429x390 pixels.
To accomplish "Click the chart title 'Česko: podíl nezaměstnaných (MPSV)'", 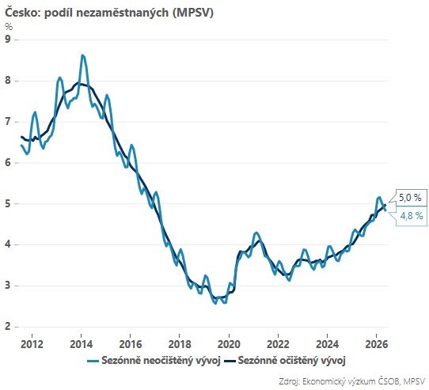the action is pyautogui.click(x=109, y=13).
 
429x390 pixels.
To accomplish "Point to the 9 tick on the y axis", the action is pyautogui.click(x=8, y=40).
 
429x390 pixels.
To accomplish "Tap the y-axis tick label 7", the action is pyautogui.click(x=8, y=122).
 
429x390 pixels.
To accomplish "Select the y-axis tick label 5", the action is pyautogui.click(x=8, y=203).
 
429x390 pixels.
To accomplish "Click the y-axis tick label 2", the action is pyautogui.click(x=8, y=326).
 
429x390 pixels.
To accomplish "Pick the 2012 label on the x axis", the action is pyautogui.click(x=32, y=344).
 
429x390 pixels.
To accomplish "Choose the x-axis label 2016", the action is pyautogui.click(x=131, y=344).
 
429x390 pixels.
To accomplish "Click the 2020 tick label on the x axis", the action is pyautogui.click(x=229, y=344).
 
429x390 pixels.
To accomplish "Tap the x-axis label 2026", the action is pyautogui.click(x=377, y=344).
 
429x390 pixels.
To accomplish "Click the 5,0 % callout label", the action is pyautogui.click(x=410, y=198).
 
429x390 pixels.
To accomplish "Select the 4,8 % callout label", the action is pyautogui.click(x=412, y=216).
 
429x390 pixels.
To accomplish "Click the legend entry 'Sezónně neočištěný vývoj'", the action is pyautogui.click(x=161, y=361).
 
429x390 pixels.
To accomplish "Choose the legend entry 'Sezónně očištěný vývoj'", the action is pyautogui.click(x=291, y=361).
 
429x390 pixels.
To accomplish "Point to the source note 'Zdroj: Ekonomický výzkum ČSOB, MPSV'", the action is pyautogui.click(x=352, y=381).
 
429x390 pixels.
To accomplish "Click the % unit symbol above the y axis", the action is pyautogui.click(x=9, y=27).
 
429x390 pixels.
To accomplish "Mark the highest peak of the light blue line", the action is pyautogui.click(x=82, y=55).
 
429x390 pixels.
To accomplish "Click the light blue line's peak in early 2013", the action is pyautogui.click(x=59, y=78).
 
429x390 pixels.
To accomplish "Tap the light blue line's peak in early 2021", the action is pyautogui.click(x=256, y=233).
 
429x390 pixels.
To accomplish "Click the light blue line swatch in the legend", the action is pyautogui.click(x=93, y=361).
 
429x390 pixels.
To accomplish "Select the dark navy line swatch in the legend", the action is pyautogui.click(x=230, y=361).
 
